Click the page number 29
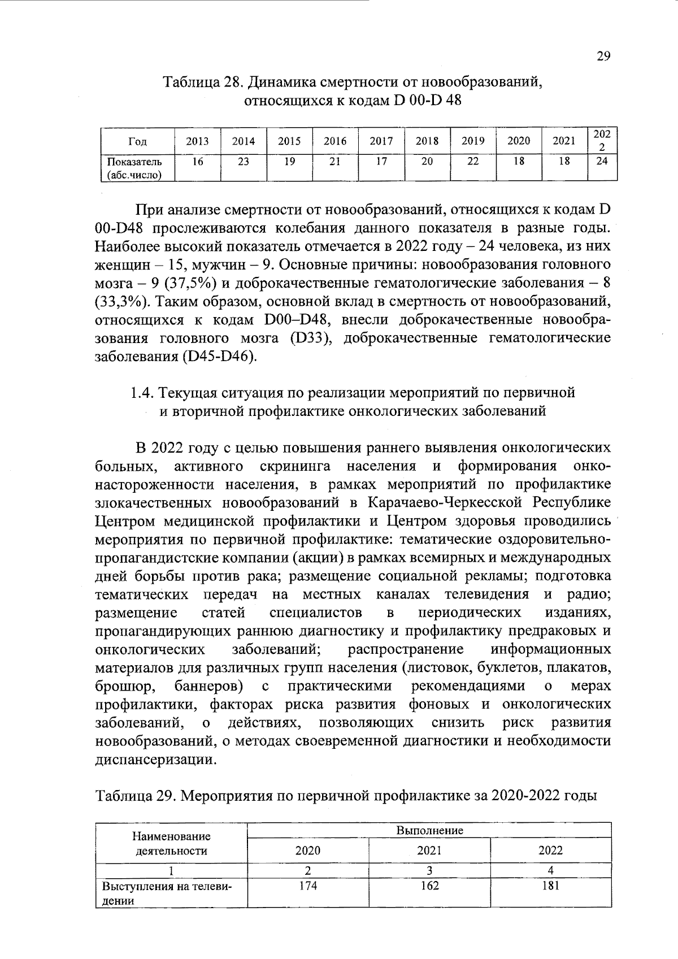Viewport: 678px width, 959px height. point(603,56)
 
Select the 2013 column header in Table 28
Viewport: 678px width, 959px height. point(197,141)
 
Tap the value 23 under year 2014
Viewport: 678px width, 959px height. point(243,161)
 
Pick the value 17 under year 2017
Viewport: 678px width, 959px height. point(381,161)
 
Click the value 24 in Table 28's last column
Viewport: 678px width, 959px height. point(602,161)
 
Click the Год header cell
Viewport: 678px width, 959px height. point(137,142)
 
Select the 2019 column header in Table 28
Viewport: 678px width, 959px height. point(473,141)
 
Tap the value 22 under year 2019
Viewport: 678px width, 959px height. point(473,161)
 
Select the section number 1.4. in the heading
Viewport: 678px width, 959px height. point(141,392)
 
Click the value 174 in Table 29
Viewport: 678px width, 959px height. point(308,886)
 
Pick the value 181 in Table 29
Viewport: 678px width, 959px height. point(550,886)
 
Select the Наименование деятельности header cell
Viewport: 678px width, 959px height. point(171,843)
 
